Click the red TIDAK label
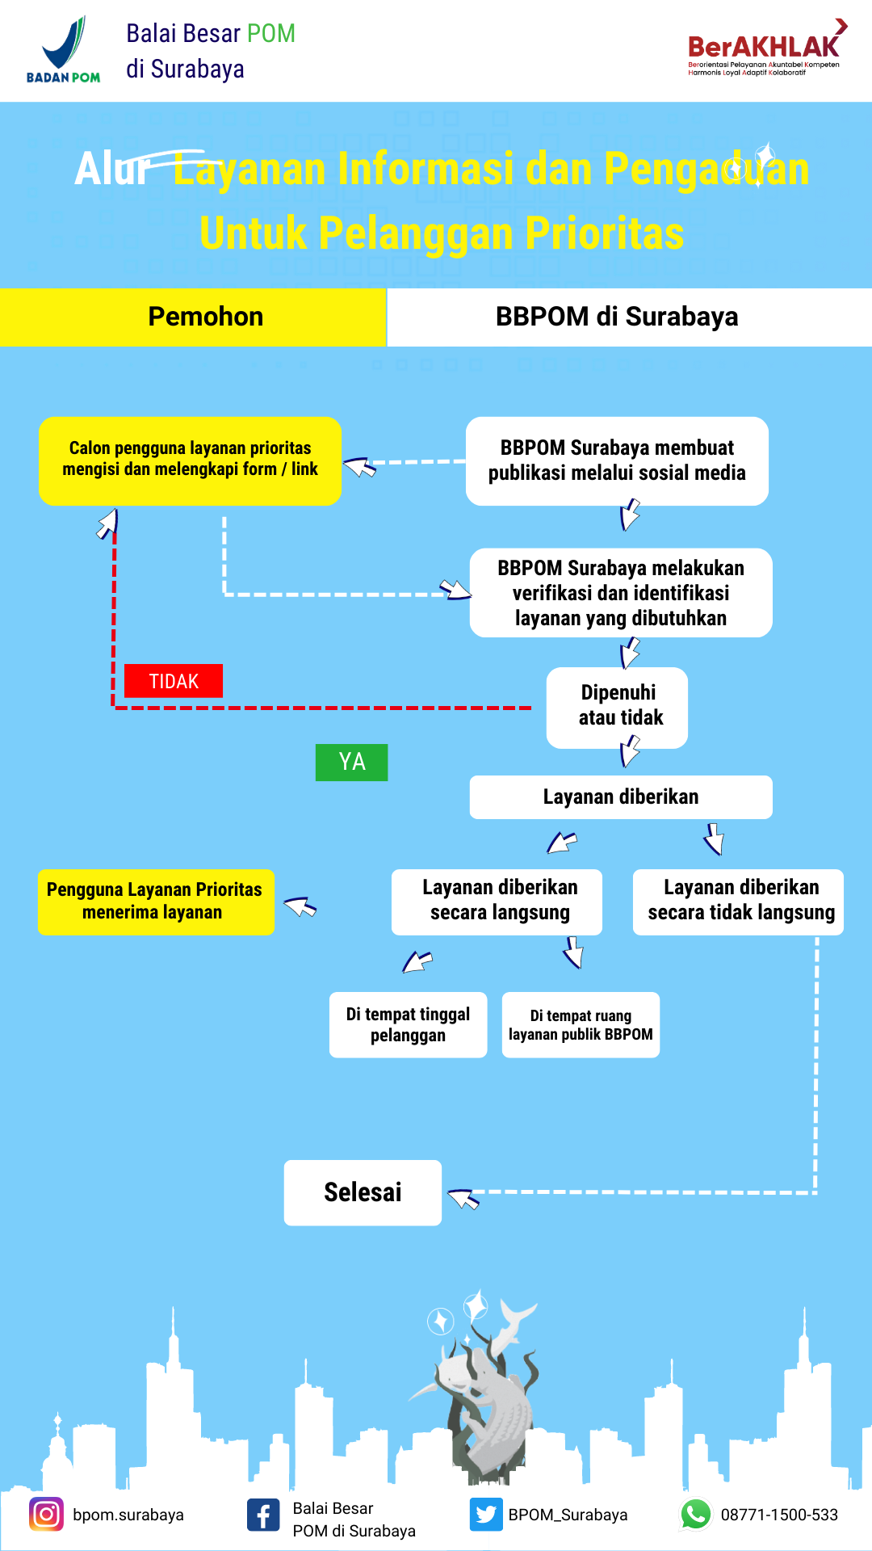coord(174,681)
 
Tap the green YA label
coord(351,762)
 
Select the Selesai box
coord(363,1192)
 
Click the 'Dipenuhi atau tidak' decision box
coord(617,708)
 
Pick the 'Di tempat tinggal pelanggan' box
coord(408,1024)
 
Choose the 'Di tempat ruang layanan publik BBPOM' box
coord(581,1024)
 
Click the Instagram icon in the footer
coord(46,1514)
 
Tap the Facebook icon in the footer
coord(263,1515)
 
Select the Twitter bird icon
coord(486,1514)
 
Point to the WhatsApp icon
coord(696,1514)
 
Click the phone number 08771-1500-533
coord(779,1515)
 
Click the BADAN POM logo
coord(64,50)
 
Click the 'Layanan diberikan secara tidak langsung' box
coord(738,902)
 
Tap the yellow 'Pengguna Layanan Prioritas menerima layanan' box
coord(156,902)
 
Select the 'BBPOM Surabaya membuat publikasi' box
coord(617,461)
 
